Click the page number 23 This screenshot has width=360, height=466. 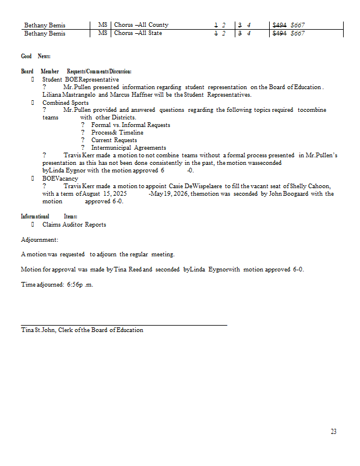[333, 432]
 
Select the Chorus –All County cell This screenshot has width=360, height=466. [142, 25]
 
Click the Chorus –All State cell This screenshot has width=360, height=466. [138, 33]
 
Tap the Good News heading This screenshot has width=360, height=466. [36, 56]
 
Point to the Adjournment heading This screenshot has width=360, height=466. [39, 239]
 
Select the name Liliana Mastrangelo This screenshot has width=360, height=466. [69, 94]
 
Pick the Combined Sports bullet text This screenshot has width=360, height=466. [65, 103]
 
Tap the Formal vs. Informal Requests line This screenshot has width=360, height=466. [130, 125]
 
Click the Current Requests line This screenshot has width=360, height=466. [114, 140]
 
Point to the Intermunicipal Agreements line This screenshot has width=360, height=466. [128, 148]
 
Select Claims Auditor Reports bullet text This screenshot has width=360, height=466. [74, 224]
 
